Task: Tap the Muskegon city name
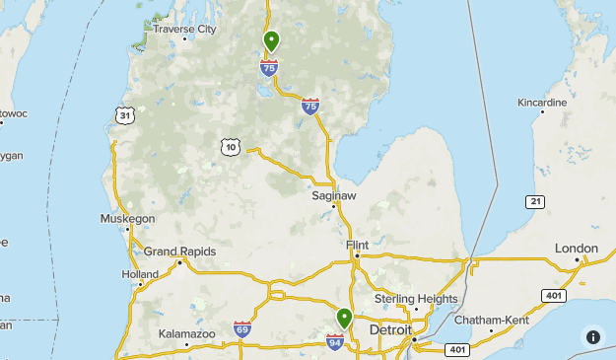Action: pyautogui.click(x=127, y=218)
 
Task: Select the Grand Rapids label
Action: pyautogui.click(x=179, y=252)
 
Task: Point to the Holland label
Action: pyautogui.click(x=140, y=274)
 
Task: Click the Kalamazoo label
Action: pyautogui.click(x=187, y=334)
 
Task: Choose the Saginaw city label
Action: pyautogui.click(x=333, y=196)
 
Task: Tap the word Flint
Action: pyautogui.click(x=357, y=245)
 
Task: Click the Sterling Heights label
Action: pyautogui.click(x=416, y=299)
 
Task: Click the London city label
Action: pyautogui.click(x=577, y=248)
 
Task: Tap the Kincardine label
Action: pyautogui.click(x=543, y=103)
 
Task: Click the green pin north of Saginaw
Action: pyautogui.click(x=271, y=40)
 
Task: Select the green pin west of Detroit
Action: pyautogui.click(x=344, y=318)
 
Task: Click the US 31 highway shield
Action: pyautogui.click(x=123, y=115)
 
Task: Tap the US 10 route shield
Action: pyautogui.click(x=230, y=147)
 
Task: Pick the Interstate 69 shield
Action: pyautogui.click(x=242, y=328)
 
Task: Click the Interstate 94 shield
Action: pyautogui.click(x=335, y=341)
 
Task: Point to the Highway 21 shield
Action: pyautogui.click(x=534, y=201)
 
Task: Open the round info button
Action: pyautogui.click(x=592, y=336)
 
